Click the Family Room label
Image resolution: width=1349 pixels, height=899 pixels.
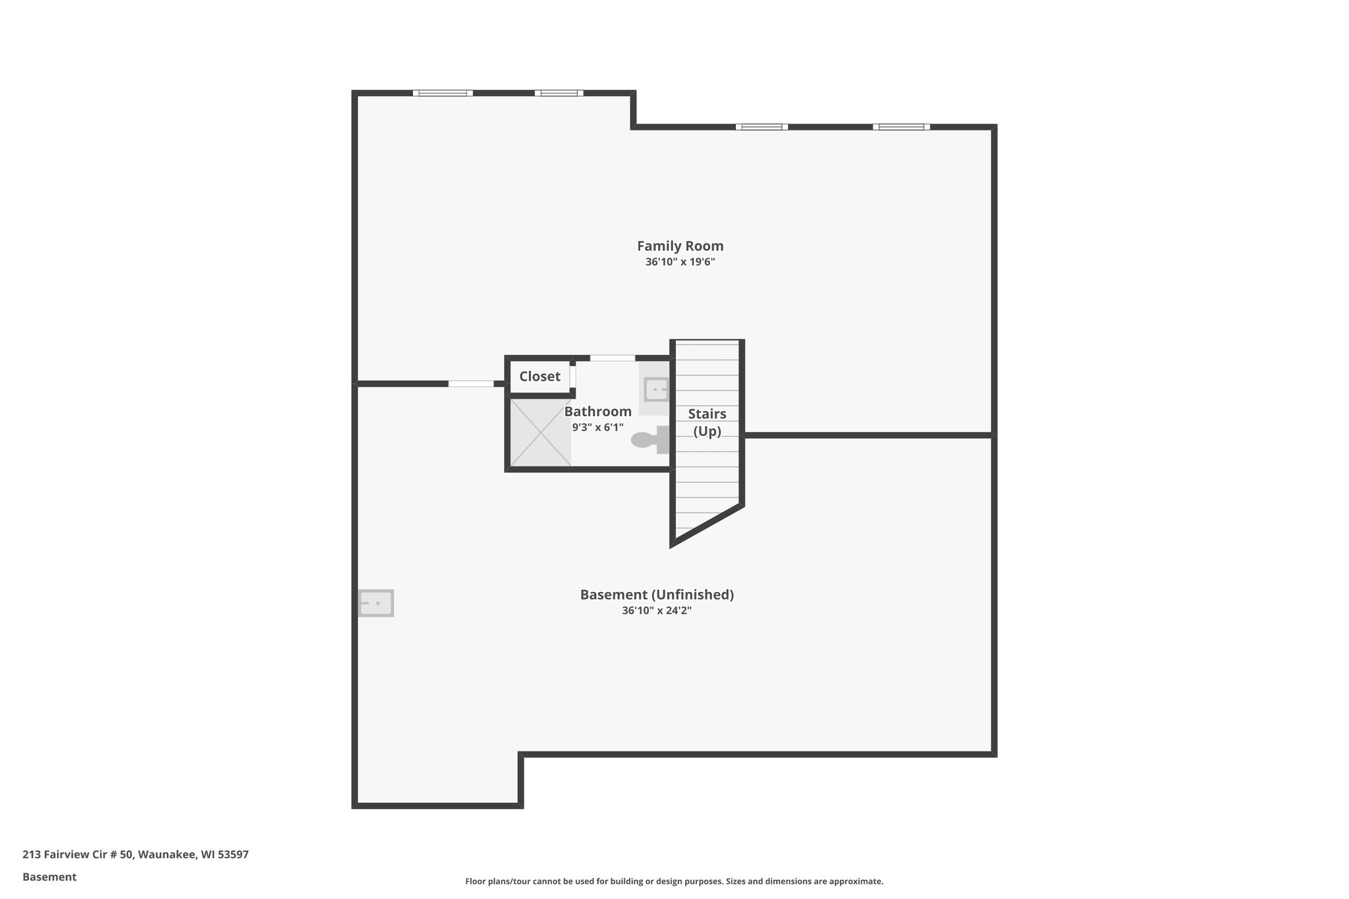click(680, 246)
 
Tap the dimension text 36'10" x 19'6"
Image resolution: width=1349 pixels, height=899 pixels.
click(680, 262)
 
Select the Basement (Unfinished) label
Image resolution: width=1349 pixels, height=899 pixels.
click(657, 595)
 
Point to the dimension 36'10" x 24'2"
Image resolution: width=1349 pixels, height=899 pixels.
click(657, 611)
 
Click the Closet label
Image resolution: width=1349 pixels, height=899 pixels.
click(539, 376)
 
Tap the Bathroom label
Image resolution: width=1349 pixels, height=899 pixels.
click(597, 412)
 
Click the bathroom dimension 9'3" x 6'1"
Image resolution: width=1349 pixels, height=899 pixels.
click(597, 427)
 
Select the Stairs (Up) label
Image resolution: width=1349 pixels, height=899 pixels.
click(707, 422)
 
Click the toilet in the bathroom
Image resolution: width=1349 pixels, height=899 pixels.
click(649, 440)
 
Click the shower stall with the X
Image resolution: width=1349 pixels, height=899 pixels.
click(540, 432)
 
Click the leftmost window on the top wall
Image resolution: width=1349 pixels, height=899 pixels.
click(443, 93)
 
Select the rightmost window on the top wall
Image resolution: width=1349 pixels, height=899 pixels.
click(901, 127)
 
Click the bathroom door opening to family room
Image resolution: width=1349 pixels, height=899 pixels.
click(612, 358)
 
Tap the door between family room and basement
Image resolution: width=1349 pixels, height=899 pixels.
click(471, 383)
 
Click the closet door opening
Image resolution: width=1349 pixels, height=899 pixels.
click(573, 376)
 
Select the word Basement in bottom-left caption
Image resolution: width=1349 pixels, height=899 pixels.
click(49, 877)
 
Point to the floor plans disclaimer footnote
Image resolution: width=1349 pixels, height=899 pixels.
click(674, 881)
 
